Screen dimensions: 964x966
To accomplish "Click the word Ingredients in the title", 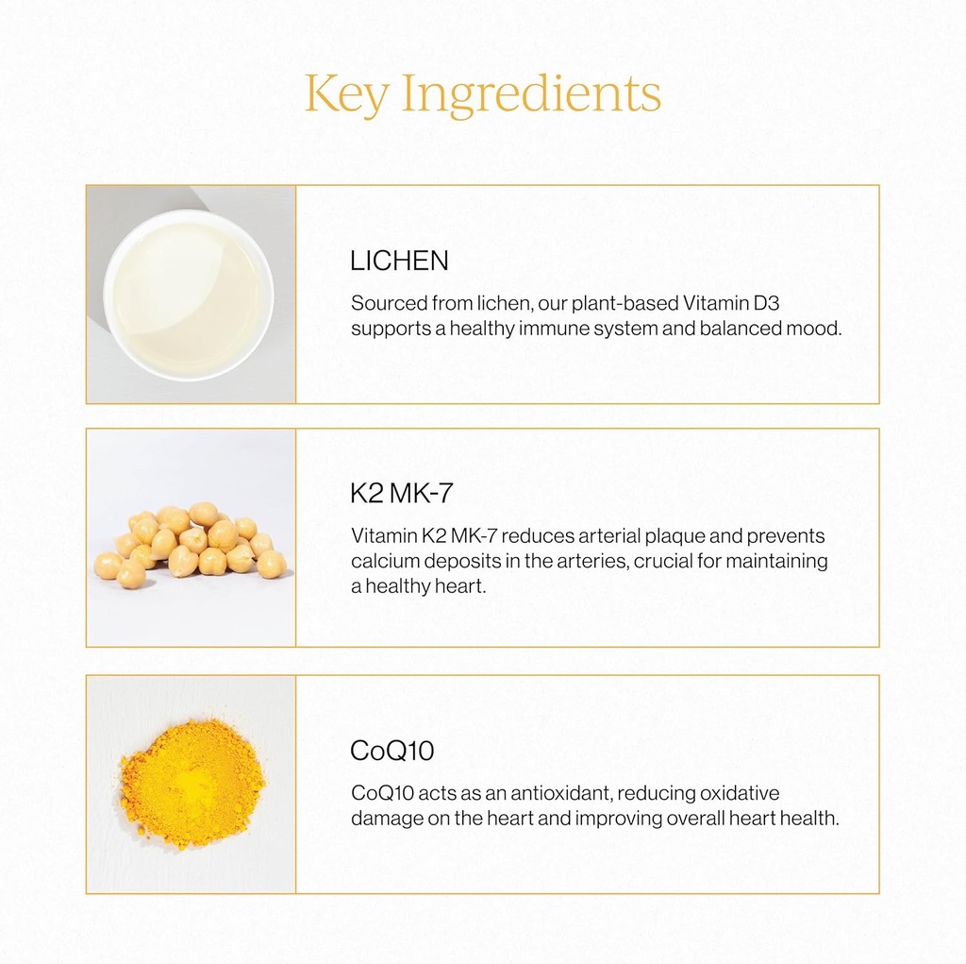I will [532, 96].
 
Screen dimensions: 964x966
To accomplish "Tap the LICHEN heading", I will [399, 262].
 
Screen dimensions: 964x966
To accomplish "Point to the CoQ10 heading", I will [391, 752].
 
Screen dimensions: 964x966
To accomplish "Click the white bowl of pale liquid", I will [188, 295].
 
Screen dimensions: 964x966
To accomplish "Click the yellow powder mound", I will [192, 783].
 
